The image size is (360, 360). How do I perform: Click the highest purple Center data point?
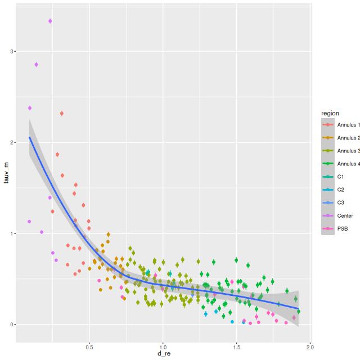click(50, 21)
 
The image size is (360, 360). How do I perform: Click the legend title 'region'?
click(330, 114)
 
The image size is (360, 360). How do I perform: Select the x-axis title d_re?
click(163, 354)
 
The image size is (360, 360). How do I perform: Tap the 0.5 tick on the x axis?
click(89, 347)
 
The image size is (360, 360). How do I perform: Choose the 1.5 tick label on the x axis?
click(237, 347)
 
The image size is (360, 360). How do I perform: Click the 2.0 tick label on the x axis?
click(310, 347)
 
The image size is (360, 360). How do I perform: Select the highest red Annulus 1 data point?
click(62, 114)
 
